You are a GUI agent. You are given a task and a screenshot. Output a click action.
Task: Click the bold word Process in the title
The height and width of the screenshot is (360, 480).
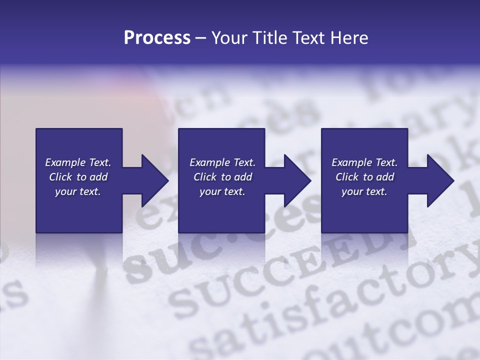pyautogui.click(x=157, y=38)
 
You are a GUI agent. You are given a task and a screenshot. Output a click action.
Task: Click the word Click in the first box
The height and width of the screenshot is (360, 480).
pyautogui.click(x=61, y=177)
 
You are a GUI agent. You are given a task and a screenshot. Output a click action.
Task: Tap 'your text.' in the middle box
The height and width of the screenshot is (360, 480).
pyautogui.click(x=222, y=192)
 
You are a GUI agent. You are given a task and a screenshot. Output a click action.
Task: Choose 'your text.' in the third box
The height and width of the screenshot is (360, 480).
pyautogui.click(x=364, y=192)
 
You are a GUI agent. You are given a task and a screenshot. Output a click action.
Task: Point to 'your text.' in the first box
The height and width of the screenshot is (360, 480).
pyautogui.click(x=77, y=192)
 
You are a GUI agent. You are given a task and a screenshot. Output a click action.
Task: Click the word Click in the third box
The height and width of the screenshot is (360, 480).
pyautogui.click(x=347, y=177)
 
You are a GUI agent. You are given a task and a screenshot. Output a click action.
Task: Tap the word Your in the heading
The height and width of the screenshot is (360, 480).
pyautogui.click(x=227, y=38)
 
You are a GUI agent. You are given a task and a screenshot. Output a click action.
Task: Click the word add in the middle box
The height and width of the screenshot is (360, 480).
pyautogui.click(x=243, y=177)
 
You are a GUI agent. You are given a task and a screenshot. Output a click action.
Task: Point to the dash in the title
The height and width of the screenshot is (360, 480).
pyautogui.click(x=200, y=38)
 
